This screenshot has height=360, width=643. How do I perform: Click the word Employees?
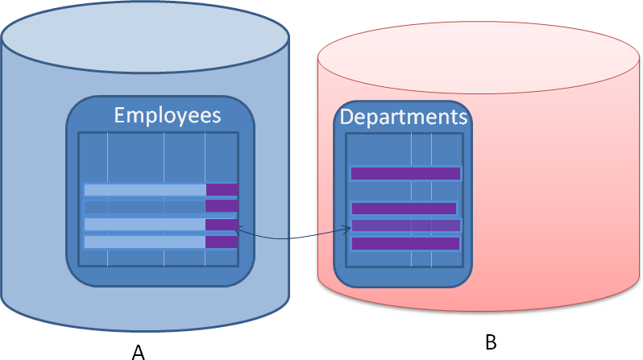(x=167, y=115)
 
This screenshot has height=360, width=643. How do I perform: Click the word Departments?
(x=404, y=117)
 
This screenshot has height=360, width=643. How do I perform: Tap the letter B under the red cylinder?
(x=491, y=342)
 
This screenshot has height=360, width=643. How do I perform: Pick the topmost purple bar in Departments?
(x=405, y=173)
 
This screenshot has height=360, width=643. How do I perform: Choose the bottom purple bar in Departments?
(x=405, y=243)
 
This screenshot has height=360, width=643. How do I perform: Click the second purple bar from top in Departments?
(x=404, y=209)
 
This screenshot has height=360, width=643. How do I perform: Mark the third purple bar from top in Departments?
(x=405, y=226)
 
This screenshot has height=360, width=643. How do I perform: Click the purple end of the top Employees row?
(x=222, y=190)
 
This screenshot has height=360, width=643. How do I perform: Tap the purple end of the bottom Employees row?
(x=222, y=242)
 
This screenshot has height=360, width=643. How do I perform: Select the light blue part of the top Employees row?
(x=145, y=190)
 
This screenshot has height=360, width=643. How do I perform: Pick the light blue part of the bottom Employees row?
(x=145, y=242)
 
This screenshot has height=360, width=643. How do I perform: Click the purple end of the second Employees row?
(x=222, y=206)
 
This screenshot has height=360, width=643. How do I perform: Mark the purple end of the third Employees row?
(x=222, y=225)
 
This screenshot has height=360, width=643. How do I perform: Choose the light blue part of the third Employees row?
(x=145, y=225)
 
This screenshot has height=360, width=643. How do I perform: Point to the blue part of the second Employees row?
(x=145, y=206)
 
